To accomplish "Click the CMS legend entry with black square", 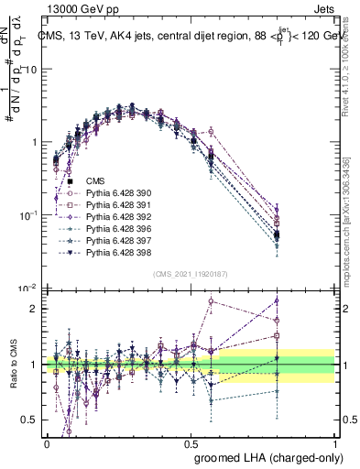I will point(94,181).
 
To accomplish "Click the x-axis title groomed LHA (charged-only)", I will point(264,456).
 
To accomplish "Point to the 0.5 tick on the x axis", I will point(191,442).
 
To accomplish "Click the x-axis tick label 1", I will point(335,442).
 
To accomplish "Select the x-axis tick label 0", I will point(48,442).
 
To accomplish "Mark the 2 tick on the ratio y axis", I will point(35,309).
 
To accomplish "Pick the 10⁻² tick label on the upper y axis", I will point(27,288).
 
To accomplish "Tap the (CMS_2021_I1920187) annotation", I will point(191,274).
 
